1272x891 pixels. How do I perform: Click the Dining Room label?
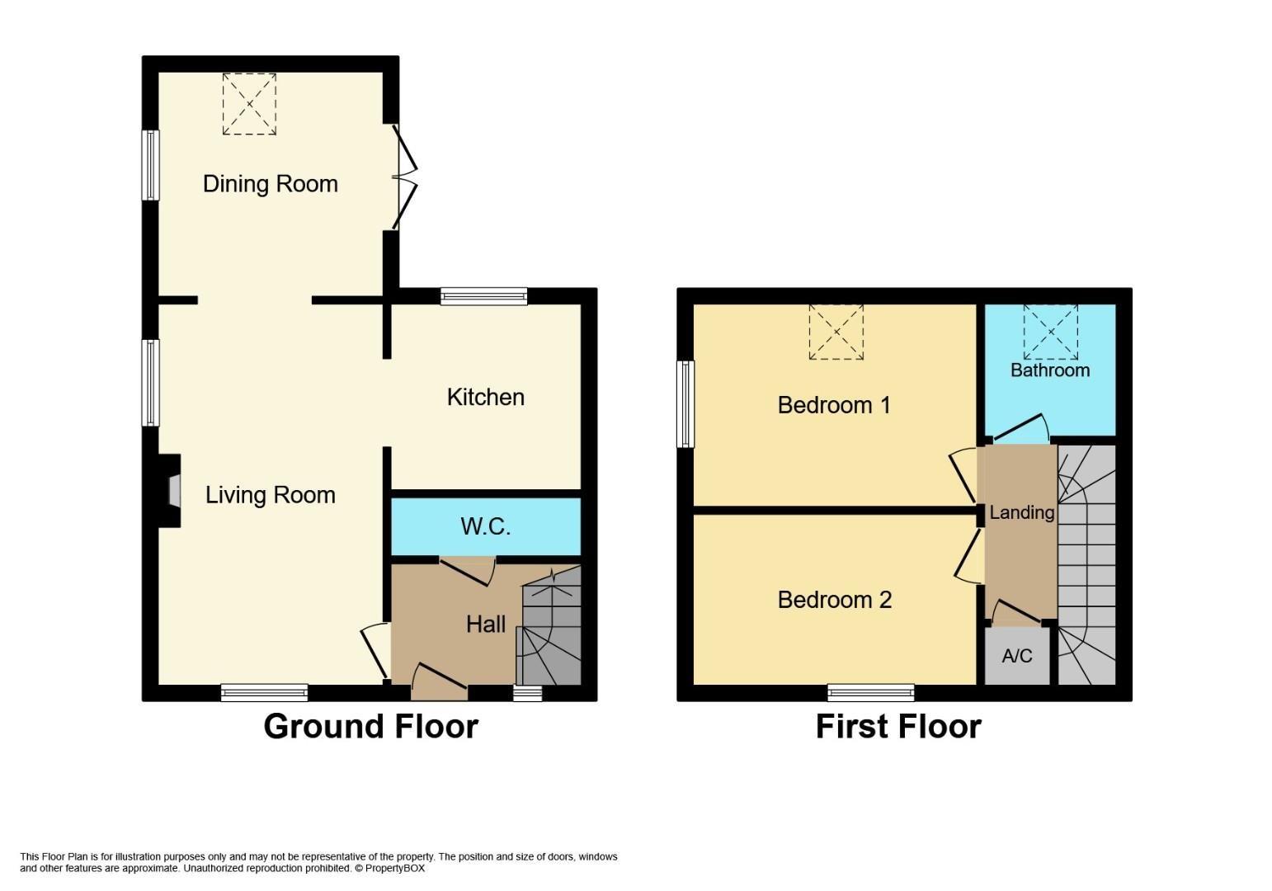271,184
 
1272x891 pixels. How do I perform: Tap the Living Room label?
271,495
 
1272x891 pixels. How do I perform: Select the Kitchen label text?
486,397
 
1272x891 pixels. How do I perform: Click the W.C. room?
486,526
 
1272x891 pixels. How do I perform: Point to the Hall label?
486,625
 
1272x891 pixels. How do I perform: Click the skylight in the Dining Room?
249,104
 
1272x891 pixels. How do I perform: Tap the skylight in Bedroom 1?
836,332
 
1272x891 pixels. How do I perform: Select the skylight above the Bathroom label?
1051,332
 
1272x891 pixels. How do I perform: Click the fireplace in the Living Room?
169,491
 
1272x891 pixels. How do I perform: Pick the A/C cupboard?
1017,656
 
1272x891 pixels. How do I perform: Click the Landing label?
1021,513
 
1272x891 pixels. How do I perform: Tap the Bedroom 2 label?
834,600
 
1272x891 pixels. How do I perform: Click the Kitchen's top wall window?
484,296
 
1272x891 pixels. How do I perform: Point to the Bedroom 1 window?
685,404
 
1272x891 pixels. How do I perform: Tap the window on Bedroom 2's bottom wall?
870,693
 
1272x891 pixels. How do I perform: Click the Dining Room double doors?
404,177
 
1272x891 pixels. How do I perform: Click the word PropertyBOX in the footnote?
394,868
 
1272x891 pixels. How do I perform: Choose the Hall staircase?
549,625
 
